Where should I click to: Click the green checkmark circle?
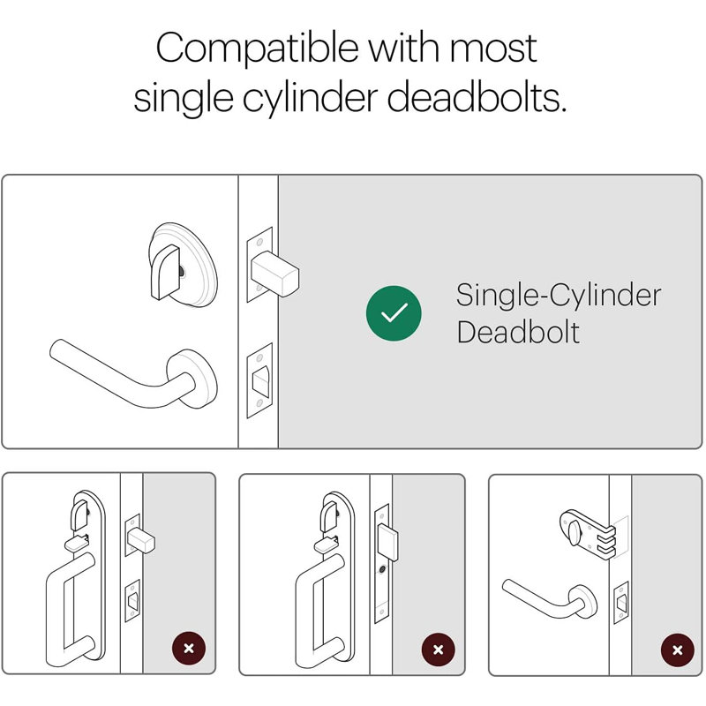click(x=394, y=313)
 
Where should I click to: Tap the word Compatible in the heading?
click(x=257, y=49)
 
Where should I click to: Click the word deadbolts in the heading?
click(x=477, y=97)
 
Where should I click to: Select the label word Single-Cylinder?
click(x=559, y=296)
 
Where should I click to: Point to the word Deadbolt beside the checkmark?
click(x=518, y=333)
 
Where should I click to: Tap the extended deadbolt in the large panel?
click(x=274, y=274)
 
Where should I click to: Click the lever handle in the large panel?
click(x=133, y=374)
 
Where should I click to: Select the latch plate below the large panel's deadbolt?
click(x=259, y=381)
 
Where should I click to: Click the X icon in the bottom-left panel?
click(x=189, y=649)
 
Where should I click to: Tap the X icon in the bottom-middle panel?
click(x=438, y=650)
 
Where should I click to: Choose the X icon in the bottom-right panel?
click(x=677, y=650)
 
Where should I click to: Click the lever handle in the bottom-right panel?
click(x=550, y=599)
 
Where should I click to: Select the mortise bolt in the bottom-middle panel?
click(x=387, y=543)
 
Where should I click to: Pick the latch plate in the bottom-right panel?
click(x=621, y=603)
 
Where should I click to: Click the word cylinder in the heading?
click(x=311, y=99)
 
